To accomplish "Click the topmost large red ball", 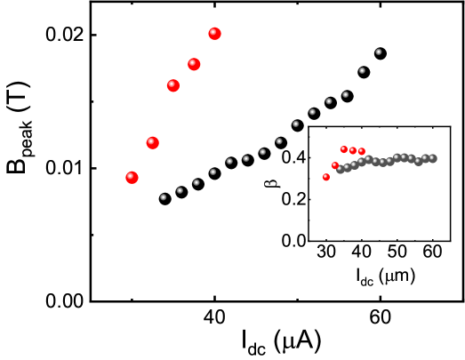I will (214, 34).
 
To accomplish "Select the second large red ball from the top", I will (194, 64).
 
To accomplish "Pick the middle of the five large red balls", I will (173, 85).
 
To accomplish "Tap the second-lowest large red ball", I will (153, 142).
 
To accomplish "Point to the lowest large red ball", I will (132, 178).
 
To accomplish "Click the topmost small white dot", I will (378, 52).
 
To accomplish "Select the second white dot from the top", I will (362, 70).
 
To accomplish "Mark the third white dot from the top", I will (345, 94).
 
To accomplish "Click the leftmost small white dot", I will (163, 197).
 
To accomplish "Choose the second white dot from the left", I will (180, 190).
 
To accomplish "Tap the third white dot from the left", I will (196, 182).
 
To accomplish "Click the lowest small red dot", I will (326, 177).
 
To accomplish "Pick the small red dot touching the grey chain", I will (335, 165).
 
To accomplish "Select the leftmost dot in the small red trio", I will (344, 149).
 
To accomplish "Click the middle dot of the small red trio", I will (353, 150).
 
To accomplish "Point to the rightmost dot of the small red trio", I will (362, 151).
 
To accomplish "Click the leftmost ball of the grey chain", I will (340, 169).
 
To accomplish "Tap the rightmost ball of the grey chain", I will (432, 158).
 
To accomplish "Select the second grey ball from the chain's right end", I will (425, 159).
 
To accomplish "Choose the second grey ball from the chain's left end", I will (347, 167).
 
